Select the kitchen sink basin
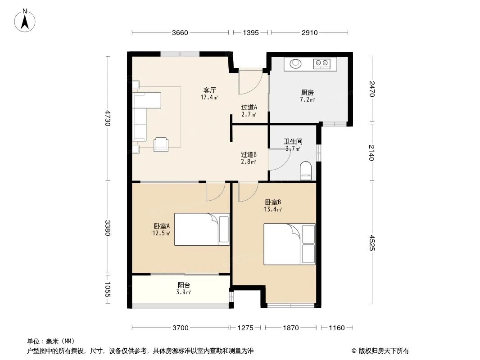(295, 64)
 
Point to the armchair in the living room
(161, 144)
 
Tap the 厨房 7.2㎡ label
(308, 96)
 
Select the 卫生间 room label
(293, 142)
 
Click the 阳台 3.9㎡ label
(183, 288)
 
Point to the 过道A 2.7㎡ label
(249, 111)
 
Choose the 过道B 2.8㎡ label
(249, 157)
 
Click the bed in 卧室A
(202, 229)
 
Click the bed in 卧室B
(289, 244)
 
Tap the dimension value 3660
(180, 32)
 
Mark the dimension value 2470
(372, 89)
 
